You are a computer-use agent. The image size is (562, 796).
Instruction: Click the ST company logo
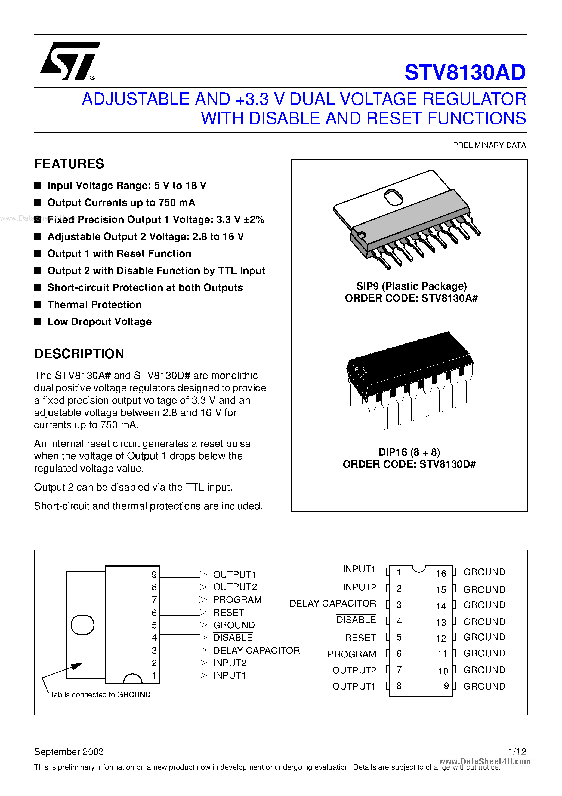click(70, 61)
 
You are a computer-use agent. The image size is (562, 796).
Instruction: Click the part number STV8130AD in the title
click(465, 72)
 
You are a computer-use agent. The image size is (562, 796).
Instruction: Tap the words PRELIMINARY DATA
click(489, 145)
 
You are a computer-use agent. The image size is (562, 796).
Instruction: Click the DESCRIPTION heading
click(79, 354)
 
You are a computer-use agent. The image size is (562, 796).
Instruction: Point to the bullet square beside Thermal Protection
click(38, 305)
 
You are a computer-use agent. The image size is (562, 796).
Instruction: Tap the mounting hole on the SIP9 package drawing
click(393, 197)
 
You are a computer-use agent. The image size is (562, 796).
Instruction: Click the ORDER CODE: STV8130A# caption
click(411, 298)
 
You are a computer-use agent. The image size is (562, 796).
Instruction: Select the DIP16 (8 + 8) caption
click(409, 452)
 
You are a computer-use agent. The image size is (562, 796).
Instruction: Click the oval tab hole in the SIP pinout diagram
click(82, 625)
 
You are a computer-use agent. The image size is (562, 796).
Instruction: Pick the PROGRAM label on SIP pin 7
click(237, 600)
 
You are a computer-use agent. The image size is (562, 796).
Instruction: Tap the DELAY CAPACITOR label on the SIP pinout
click(257, 650)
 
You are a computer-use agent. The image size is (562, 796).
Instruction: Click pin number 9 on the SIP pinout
click(154, 575)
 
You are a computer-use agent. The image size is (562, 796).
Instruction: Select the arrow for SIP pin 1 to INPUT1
click(183, 675)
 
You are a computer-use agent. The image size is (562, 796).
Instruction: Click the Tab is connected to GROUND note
click(100, 694)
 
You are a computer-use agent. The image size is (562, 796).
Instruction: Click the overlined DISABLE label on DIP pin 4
click(356, 620)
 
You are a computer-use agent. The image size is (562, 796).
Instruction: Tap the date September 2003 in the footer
click(69, 752)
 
